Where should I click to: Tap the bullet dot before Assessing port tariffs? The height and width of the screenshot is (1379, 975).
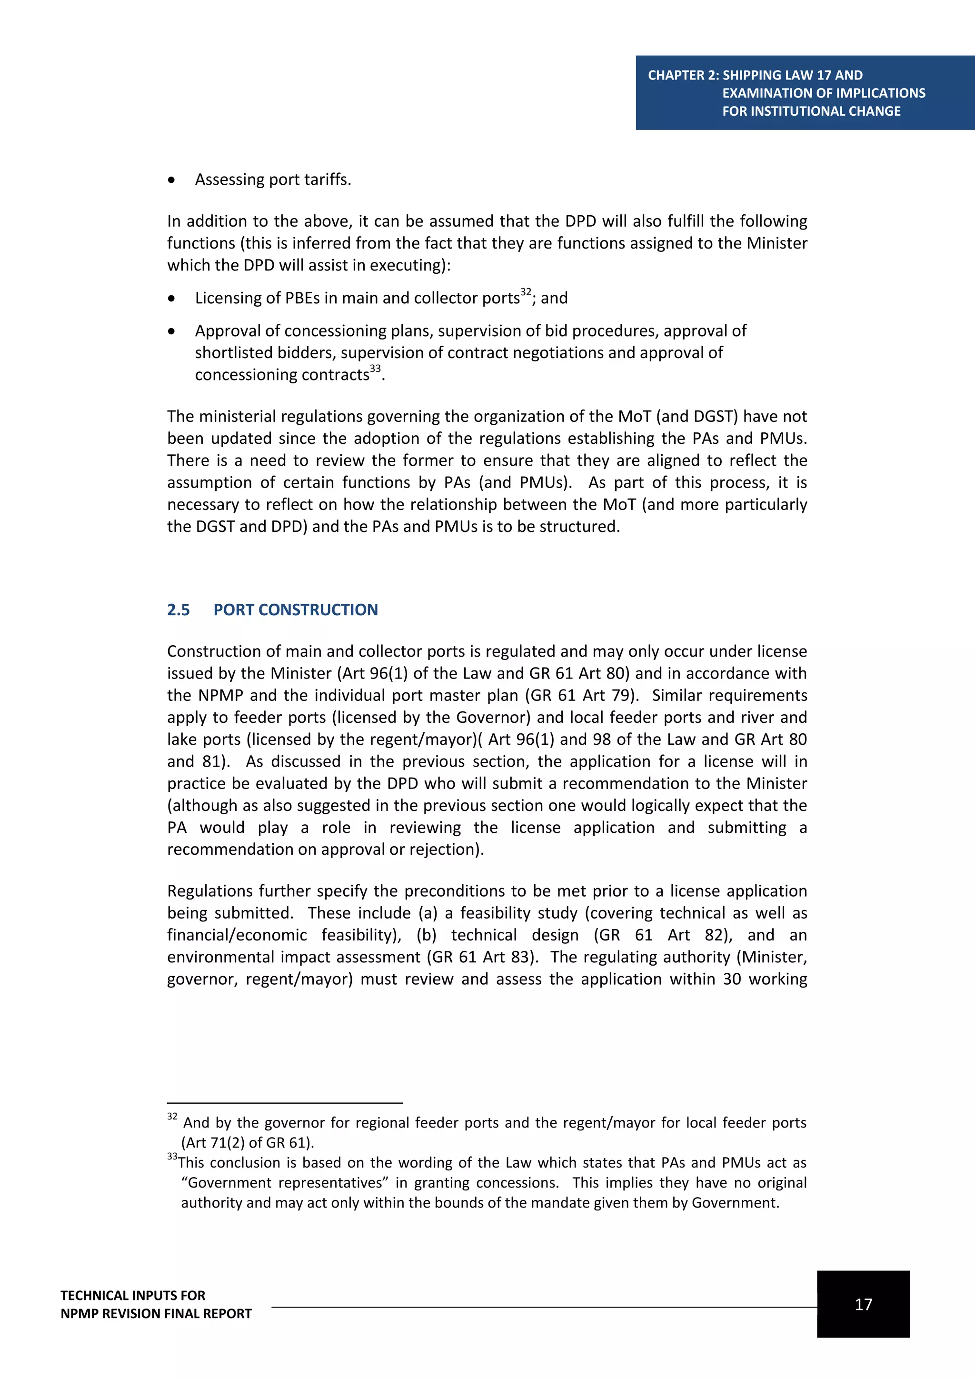click(x=172, y=180)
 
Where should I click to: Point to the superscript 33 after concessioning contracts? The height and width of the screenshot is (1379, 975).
click(x=375, y=368)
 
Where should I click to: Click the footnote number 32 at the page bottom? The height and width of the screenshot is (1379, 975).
click(x=172, y=1117)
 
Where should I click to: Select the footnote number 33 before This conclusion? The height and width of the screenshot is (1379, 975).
click(x=172, y=1156)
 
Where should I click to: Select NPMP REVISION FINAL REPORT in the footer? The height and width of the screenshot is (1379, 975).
click(x=156, y=1314)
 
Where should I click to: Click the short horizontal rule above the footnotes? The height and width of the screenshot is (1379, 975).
click(x=285, y=1103)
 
